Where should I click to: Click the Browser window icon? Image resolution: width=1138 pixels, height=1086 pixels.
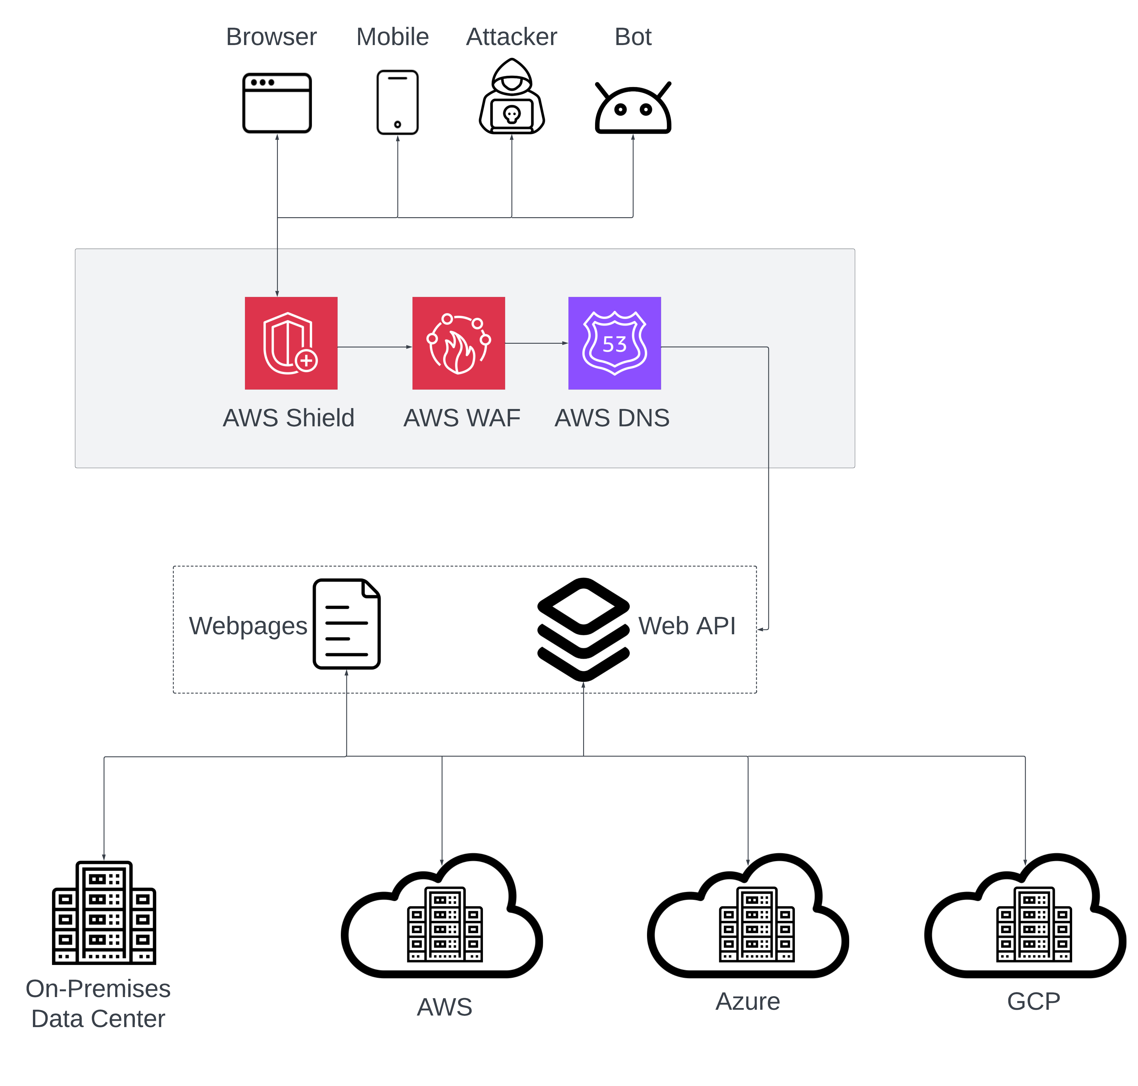coord(277,103)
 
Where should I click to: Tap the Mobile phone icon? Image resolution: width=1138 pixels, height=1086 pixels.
coord(397,103)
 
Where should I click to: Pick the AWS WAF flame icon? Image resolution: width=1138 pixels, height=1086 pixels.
coord(458,343)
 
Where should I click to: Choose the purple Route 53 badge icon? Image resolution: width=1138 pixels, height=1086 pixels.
coord(614,343)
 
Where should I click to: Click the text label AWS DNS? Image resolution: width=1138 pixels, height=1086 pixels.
coord(612,418)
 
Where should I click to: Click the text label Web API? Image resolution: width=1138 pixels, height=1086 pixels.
coord(687,626)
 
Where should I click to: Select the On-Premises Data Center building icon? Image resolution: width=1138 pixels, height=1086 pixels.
coord(104,913)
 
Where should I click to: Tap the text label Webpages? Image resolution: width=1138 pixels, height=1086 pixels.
coord(248,626)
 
